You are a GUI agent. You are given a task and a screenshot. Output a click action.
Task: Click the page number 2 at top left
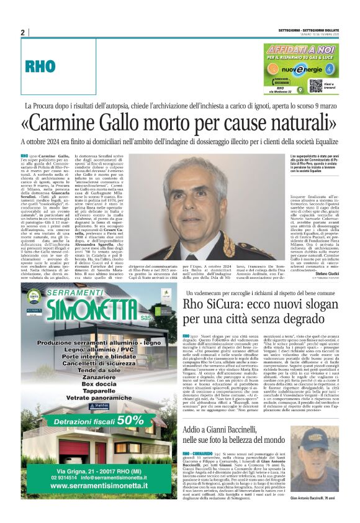coord(23,32)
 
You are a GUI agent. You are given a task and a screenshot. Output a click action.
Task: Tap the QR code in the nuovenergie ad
coord(315,85)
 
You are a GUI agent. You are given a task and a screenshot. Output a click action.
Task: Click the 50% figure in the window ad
coord(130,420)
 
